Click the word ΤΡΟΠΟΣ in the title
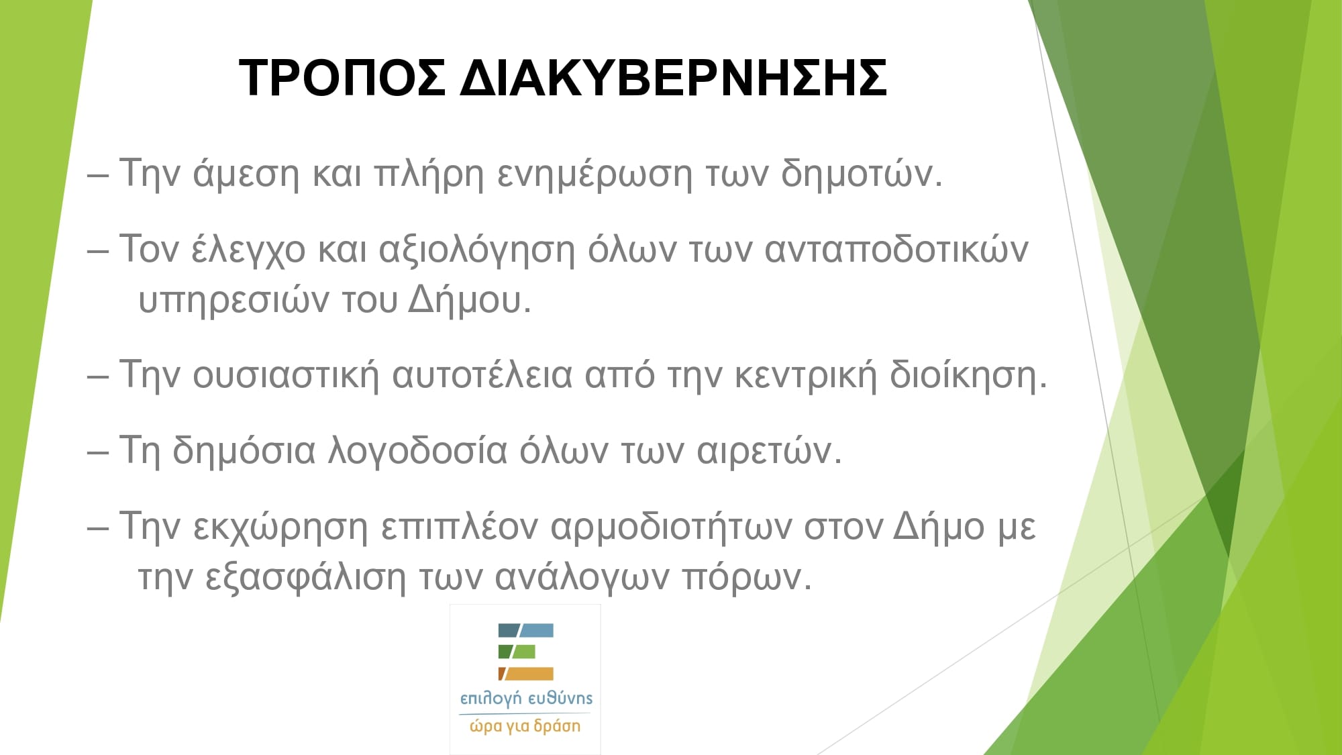342,78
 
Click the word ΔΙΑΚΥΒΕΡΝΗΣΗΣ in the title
674,78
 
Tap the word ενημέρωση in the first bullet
595,174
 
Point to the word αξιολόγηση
477,250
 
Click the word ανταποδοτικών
896,250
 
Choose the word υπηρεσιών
234,301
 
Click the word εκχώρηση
280,527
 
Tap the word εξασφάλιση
305,577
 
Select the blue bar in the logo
526,630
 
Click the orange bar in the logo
526,674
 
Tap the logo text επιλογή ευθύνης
526,699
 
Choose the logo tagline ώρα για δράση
525,726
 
